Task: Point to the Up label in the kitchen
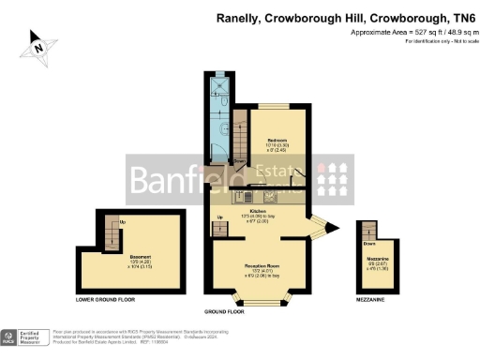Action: [220, 218]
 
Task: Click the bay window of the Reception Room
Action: [261, 299]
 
